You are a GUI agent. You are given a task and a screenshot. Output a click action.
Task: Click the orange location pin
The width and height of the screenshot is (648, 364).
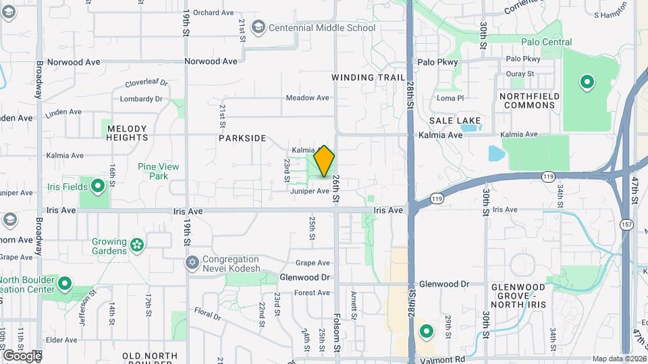324,161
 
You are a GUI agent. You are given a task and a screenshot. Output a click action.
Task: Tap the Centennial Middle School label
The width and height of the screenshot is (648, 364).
321,28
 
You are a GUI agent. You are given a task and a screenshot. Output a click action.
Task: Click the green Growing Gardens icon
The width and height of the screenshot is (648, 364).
138,244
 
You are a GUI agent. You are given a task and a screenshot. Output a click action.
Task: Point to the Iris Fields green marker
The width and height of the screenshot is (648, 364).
98,185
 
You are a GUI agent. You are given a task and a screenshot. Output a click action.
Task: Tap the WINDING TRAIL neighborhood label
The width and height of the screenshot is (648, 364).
369,78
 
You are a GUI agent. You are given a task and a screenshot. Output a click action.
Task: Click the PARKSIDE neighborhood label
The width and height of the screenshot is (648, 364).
242,138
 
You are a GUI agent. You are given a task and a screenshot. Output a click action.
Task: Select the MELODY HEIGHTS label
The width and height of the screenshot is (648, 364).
127,133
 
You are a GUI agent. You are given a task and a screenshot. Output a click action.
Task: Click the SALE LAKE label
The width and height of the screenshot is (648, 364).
455,121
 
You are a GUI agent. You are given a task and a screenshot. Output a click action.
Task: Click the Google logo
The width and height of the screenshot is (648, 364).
22,355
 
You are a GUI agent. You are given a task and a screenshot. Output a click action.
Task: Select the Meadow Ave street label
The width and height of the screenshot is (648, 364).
307,98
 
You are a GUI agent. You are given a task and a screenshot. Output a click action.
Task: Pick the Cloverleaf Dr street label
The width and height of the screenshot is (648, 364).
146,84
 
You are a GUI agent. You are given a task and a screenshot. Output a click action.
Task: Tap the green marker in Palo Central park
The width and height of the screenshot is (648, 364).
587,83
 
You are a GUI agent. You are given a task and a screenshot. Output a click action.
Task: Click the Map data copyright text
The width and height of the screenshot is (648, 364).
619,359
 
